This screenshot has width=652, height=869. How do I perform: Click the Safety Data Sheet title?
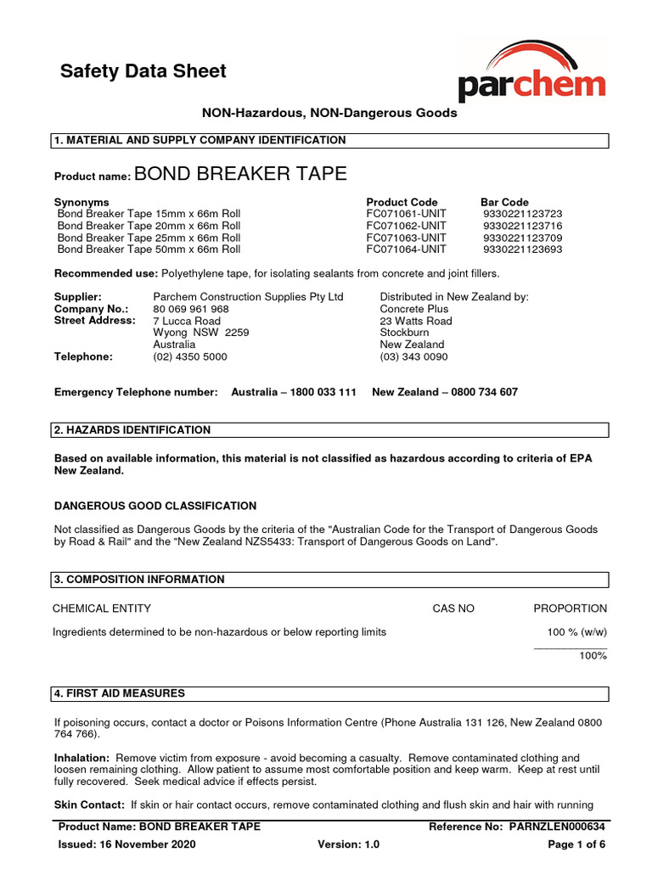[143, 71]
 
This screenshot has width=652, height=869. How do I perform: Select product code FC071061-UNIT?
[406, 214]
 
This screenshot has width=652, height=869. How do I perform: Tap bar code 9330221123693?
[522, 249]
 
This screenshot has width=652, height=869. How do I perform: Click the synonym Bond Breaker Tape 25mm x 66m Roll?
[149, 238]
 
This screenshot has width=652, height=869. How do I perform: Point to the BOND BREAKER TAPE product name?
[240, 174]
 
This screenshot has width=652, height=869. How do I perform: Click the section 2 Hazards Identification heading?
[132, 430]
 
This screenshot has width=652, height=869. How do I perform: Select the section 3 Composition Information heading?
[139, 580]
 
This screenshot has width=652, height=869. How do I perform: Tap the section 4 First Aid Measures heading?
[119, 693]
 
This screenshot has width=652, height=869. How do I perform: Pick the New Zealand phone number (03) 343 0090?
[413, 356]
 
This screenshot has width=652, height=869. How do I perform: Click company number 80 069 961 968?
[190, 309]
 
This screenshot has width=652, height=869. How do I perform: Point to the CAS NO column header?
[453, 608]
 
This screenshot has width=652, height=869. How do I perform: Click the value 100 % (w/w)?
[577, 631]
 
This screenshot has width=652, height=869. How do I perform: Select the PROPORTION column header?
[570, 608]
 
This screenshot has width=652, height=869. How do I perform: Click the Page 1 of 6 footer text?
[576, 844]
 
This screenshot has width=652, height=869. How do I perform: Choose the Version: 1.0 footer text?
[348, 844]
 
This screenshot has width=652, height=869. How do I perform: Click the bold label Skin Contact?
[89, 804]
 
